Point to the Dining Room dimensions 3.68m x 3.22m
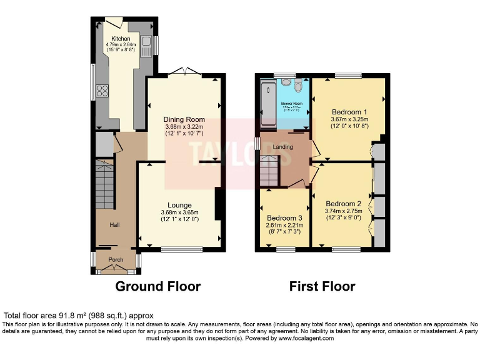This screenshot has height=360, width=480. click(184, 127)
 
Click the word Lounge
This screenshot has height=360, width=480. click(179, 205)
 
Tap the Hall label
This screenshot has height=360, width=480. click(115, 225)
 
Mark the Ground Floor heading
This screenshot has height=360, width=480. click(158, 287)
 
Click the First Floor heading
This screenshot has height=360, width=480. click(322, 287)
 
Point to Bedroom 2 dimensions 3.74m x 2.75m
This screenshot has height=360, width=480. click(343, 211)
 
